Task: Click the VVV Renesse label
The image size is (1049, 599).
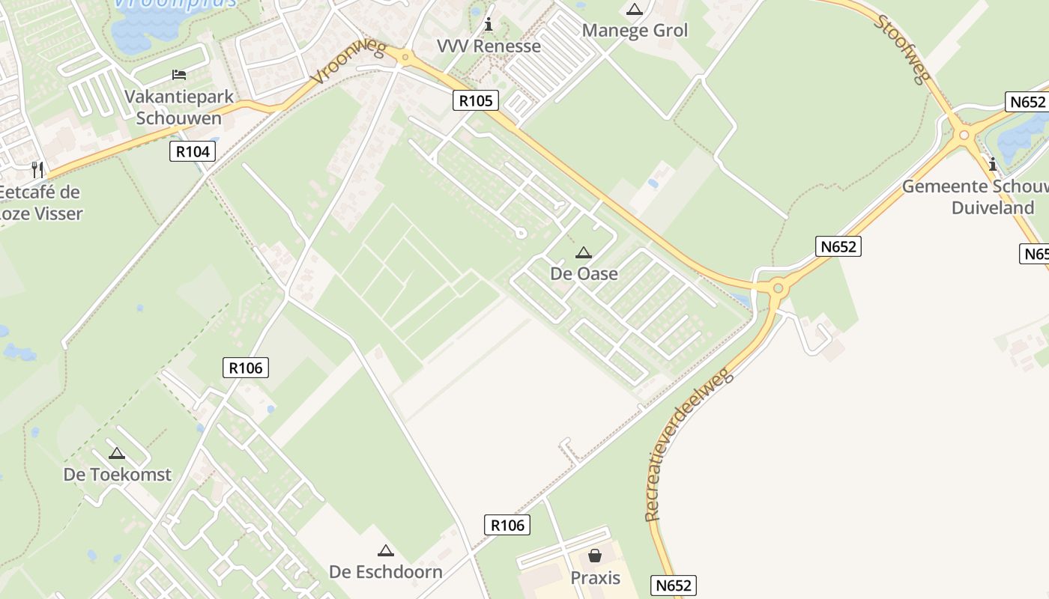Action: click(489, 46)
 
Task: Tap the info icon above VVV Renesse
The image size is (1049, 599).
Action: click(489, 25)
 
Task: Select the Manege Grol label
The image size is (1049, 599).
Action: click(635, 31)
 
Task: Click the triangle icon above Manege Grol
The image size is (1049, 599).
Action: click(635, 10)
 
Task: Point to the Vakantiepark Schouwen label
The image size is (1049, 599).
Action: click(179, 107)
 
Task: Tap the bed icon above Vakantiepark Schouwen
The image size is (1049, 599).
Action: click(179, 74)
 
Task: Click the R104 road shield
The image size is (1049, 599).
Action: click(193, 152)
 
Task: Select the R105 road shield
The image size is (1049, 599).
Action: click(476, 100)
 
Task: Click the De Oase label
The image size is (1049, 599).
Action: click(584, 273)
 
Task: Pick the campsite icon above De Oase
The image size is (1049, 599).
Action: click(584, 253)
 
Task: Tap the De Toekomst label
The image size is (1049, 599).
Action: click(117, 474)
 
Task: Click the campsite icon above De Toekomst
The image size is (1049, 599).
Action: click(116, 453)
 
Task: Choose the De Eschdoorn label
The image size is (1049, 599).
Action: click(386, 572)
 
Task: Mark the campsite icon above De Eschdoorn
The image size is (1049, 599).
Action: click(386, 551)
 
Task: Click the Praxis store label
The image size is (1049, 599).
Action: click(596, 577)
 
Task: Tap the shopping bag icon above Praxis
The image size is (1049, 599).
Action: click(595, 556)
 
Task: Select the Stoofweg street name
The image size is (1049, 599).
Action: click(902, 49)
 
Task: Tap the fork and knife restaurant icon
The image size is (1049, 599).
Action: click(37, 169)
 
